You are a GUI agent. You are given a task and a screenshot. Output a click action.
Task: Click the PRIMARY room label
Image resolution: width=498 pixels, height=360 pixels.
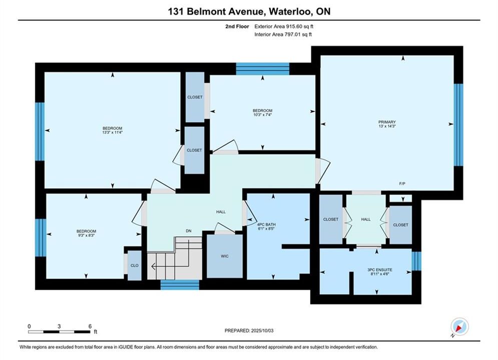387,122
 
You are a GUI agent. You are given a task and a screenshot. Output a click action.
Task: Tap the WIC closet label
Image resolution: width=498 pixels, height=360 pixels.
225,256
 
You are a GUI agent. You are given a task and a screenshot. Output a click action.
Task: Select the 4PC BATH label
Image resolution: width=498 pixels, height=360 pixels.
266,224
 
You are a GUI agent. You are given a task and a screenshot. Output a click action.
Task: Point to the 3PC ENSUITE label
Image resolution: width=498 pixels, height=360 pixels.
380,270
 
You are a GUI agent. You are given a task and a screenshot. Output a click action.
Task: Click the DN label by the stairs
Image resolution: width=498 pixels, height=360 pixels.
189,231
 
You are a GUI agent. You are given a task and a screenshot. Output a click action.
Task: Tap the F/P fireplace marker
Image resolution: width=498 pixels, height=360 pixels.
402,183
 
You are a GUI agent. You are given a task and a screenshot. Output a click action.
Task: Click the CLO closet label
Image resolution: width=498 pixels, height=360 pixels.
134,265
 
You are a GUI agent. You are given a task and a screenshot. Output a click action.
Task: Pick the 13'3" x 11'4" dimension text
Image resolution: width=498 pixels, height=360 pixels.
113,132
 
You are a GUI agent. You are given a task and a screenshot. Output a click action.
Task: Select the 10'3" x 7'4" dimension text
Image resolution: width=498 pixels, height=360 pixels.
263,115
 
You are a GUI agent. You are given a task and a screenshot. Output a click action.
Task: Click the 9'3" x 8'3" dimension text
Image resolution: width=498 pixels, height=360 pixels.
86,235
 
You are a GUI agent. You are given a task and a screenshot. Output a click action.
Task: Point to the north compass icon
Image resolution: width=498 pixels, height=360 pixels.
459,326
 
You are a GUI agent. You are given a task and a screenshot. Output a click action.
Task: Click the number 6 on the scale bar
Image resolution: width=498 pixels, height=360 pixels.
90,326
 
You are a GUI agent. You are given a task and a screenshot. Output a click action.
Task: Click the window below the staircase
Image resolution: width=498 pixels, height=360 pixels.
180,285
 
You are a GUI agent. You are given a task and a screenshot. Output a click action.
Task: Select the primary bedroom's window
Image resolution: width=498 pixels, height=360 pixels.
458,124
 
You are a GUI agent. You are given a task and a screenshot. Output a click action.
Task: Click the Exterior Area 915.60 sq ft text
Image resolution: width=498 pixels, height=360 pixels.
284,26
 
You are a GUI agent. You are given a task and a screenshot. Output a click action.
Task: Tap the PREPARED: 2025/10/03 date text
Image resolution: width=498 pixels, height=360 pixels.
249,330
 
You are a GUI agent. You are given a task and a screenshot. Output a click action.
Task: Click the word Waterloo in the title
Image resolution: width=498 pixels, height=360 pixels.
290,11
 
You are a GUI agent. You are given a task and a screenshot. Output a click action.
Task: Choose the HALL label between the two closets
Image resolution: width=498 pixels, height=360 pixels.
365,219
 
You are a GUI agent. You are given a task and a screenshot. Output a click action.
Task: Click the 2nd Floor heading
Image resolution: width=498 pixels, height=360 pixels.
237,26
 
